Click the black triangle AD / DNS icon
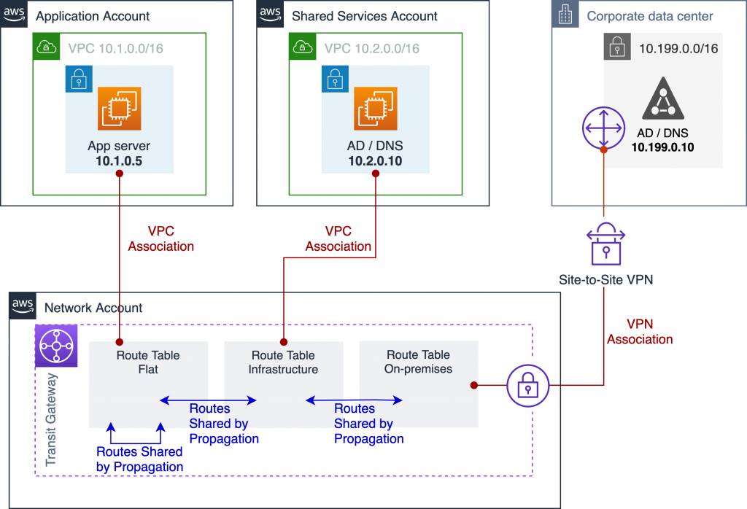662,101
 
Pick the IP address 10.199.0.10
662,147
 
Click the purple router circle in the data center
604,128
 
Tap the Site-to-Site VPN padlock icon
604,244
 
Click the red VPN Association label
640,331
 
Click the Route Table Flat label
148,362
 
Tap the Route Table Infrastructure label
283,362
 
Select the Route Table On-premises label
418,362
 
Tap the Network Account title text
93,308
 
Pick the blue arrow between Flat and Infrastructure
209,400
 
